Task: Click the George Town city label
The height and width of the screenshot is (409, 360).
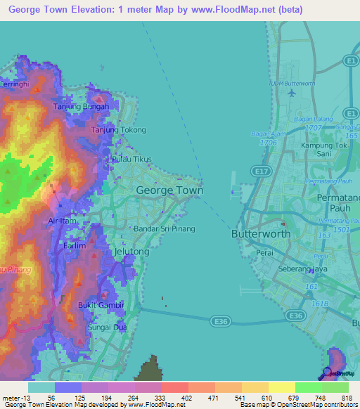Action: [x=169, y=190]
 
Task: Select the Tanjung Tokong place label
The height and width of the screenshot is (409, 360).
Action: [x=119, y=130]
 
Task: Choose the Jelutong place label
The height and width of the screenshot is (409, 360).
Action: [x=131, y=251]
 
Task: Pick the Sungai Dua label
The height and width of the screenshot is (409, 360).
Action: [x=105, y=327]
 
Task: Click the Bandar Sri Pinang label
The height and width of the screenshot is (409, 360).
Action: [x=165, y=229]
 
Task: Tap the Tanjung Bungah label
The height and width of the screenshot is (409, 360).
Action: [x=81, y=107]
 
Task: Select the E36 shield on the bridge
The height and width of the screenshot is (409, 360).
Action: [x=219, y=321]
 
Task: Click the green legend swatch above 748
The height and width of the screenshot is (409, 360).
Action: [x=308, y=387]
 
